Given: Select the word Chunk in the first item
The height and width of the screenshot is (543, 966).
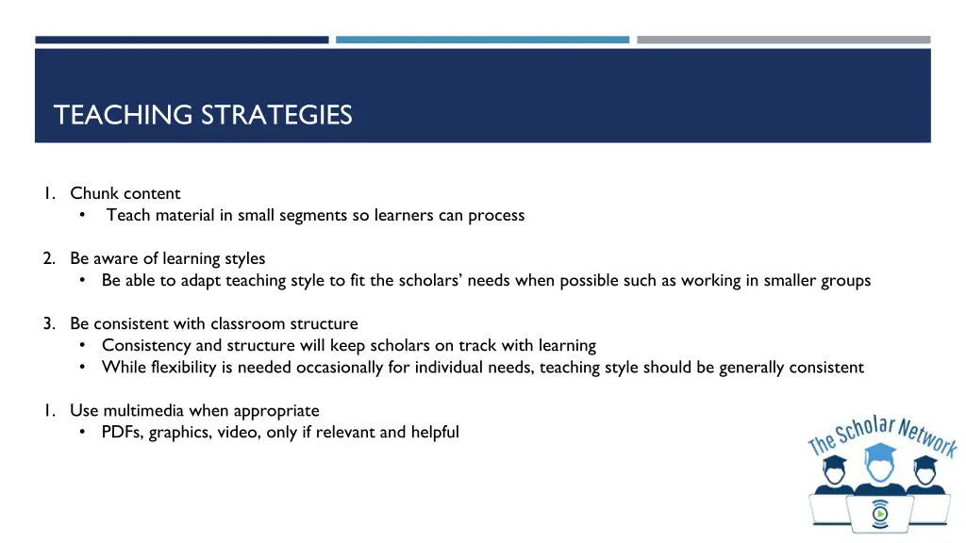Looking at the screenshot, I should pyautogui.click(x=93, y=193).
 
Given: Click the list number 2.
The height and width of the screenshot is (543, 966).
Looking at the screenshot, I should pyautogui.click(x=47, y=258).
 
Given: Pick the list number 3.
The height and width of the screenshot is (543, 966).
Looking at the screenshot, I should pyautogui.click(x=47, y=323).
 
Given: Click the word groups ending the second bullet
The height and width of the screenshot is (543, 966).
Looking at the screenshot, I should pyautogui.click(x=845, y=280).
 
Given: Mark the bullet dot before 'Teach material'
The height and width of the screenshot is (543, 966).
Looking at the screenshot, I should pyautogui.click(x=84, y=215).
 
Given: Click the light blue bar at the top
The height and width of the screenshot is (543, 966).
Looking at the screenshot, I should pyautogui.click(x=482, y=40).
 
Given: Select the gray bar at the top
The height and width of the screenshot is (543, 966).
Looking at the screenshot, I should pyautogui.click(x=783, y=40).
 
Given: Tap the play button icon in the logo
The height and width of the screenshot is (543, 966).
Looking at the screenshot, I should pyautogui.click(x=879, y=514).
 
